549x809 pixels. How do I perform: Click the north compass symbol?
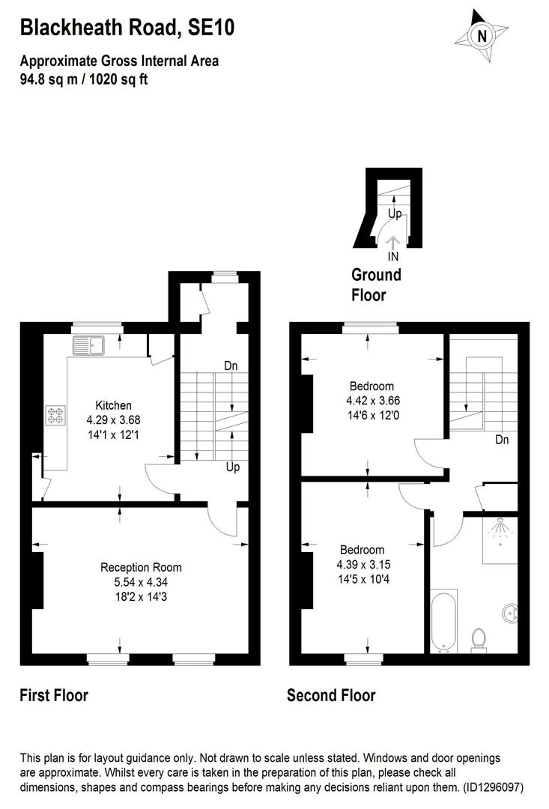click(x=482, y=34)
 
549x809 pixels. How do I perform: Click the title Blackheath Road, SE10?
click(x=127, y=28)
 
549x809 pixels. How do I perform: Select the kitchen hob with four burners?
click(x=56, y=416)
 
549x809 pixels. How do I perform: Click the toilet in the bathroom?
click(x=478, y=640)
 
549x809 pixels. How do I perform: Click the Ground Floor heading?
click(x=376, y=285)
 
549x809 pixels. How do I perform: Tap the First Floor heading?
click(x=54, y=695)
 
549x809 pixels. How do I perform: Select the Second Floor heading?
click(x=331, y=695)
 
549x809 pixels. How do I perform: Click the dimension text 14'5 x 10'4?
click(x=362, y=578)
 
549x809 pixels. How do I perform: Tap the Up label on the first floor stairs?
click(x=233, y=467)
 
